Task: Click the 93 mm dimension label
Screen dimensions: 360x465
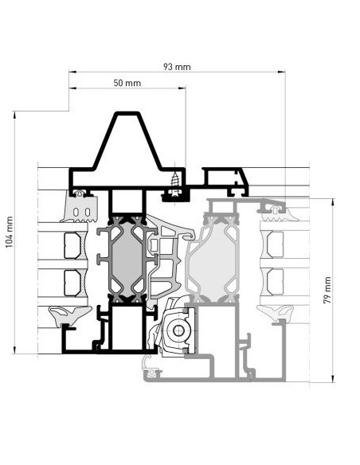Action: coord(177,67)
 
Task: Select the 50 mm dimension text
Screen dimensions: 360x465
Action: coord(127,83)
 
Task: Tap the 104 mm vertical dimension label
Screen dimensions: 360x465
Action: coord(10,232)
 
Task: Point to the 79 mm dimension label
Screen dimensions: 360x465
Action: coord(327,290)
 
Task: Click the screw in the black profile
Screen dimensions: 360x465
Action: coord(175,180)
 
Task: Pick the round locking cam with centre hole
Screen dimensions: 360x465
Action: coord(178,330)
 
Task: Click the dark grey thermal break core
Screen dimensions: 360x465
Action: coord(127,256)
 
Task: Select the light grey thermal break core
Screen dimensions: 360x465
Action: coord(213,257)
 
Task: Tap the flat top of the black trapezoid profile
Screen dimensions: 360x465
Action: coord(127,113)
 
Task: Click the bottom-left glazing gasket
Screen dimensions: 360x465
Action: coord(69,315)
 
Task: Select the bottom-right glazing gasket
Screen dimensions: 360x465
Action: coord(276,312)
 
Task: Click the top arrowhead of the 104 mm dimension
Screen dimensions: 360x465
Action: coord(14,115)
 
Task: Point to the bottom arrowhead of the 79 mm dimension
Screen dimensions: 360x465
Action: coord(333,379)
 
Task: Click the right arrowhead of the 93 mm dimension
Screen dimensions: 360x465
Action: coord(282,72)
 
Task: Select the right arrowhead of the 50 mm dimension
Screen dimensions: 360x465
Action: coord(182,88)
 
